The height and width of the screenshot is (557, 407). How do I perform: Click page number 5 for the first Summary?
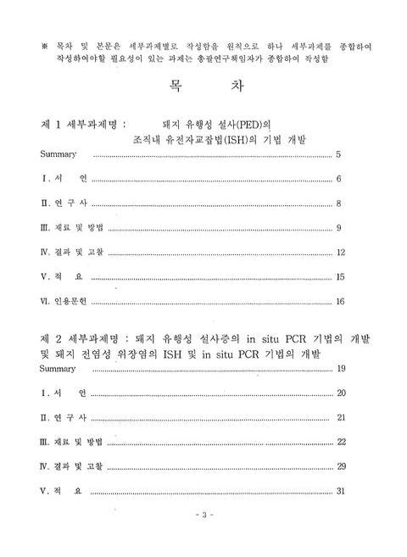tap(338, 155)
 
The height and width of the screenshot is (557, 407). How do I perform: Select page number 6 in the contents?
tap(338, 179)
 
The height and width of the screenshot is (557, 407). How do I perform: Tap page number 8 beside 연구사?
tap(338, 203)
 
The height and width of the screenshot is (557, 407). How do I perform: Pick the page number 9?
tap(338, 228)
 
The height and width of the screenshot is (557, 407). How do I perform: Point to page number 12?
tap(340, 253)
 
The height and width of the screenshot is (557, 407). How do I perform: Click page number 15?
tap(340, 277)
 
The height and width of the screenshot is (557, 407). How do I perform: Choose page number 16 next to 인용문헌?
tap(340, 302)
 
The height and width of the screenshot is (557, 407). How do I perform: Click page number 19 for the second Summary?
tap(341, 368)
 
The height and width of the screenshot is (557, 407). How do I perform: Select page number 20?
tap(341, 393)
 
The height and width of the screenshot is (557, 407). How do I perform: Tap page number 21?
tap(341, 417)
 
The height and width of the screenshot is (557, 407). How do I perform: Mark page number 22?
tap(341, 442)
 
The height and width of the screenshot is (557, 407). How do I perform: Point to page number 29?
tap(341, 466)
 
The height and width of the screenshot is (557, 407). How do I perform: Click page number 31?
tap(341, 491)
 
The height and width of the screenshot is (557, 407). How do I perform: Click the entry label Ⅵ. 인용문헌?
tap(64, 302)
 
